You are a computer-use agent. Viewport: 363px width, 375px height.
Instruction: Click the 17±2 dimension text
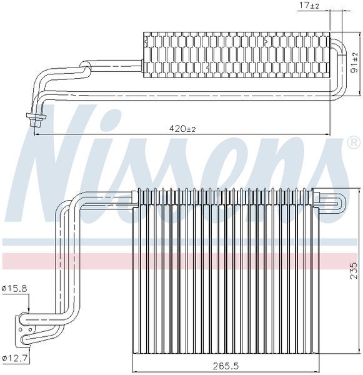(x=309, y=6)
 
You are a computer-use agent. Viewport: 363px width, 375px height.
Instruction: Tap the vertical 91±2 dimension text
(x=354, y=64)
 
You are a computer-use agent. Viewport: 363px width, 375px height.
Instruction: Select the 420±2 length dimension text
(x=183, y=128)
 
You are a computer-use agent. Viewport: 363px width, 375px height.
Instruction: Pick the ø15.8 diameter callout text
(x=14, y=289)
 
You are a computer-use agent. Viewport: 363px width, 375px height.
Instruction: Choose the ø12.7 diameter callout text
(x=14, y=359)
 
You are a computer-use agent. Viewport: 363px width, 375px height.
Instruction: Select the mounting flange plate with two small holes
(x=23, y=330)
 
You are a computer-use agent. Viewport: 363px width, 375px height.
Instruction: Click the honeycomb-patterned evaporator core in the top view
(x=236, y=54)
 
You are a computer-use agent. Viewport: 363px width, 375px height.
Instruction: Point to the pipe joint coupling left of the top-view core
(x=84, y=64)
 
